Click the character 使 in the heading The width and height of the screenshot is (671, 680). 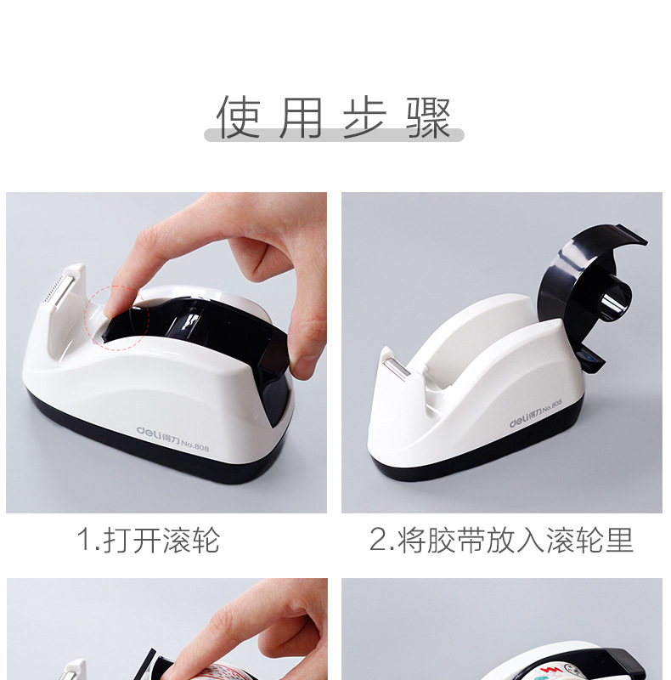pyautogui.click(x=239, y=117)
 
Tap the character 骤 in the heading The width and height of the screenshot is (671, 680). pyautogui.click(x=429, y=117)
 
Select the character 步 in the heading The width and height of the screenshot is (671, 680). pyautogui.click(x=364, y=117)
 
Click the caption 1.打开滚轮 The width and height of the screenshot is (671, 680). pyautogui.click(x=149, y=541)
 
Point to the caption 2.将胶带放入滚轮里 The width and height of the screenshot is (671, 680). pyautogui.click(x=501, y=541)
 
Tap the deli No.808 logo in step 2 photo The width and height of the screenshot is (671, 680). pyautogui.click(x=536, y=413)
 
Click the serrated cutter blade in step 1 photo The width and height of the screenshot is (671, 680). pyautogui.click(x=55, y=290)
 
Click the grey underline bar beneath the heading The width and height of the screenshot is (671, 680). pyautogui.click(x=334, y=135)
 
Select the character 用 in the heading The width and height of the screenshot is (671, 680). pyautogui.click(x=301, y=117)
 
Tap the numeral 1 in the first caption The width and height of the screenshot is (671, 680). pyautogui.click(x=84, y=541)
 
